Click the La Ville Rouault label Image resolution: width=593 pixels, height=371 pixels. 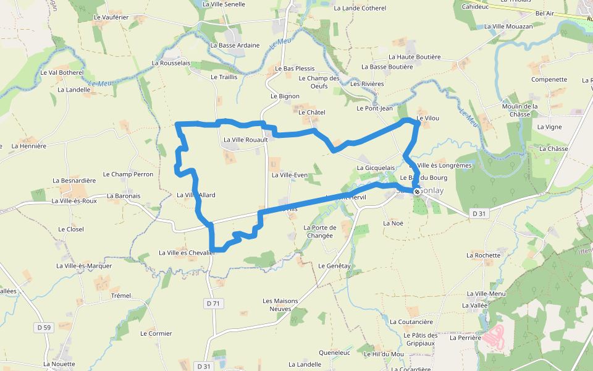(x=245, y=140)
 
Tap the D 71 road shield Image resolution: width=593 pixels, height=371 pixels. (x=213, y=304)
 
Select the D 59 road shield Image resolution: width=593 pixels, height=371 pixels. (x=43, y=327)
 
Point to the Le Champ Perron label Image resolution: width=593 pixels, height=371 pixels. (x=128, y=174)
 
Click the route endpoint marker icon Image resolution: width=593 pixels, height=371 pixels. (x=418, y=192)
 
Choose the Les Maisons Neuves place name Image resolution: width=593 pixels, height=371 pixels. (x=280, y=305)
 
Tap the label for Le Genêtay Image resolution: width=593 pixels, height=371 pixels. (x=334, y=266)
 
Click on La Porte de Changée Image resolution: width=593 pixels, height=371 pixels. (x=319, y=231)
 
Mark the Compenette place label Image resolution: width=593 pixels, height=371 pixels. (x=549, y=80)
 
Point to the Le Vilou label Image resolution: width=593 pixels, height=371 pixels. (x=427, y=118)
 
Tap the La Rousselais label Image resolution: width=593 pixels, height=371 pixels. (x=171, y=63)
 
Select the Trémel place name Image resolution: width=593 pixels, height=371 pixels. (x=121, y=296)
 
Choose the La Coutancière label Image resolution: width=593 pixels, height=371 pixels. (x=411, y=322)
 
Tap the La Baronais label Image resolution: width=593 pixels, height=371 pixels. (x=124, y=196)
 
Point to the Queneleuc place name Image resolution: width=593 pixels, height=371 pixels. (x=335, y=353)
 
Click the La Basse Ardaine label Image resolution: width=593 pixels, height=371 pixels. (x=235, y=45)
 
